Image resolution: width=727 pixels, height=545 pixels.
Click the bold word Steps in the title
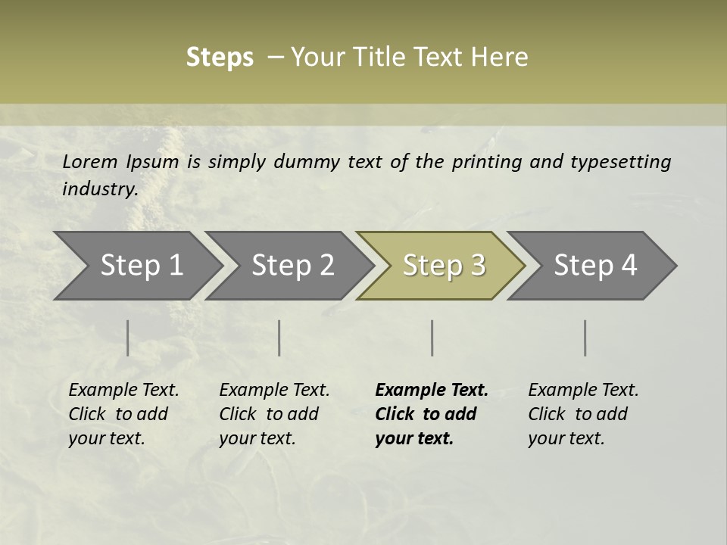220,58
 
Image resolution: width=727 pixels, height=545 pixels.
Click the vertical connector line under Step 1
128,338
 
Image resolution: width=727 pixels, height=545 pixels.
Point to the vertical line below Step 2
279,338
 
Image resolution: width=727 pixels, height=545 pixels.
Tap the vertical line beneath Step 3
432,338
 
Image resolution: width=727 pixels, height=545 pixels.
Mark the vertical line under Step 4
585,338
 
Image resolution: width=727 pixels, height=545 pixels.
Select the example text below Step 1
123,414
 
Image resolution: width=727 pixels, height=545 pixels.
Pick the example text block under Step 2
273,414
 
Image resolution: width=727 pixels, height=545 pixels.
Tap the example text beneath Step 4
582,414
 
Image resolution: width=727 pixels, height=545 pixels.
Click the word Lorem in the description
90,161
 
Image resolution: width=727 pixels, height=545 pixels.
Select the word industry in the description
99,188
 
